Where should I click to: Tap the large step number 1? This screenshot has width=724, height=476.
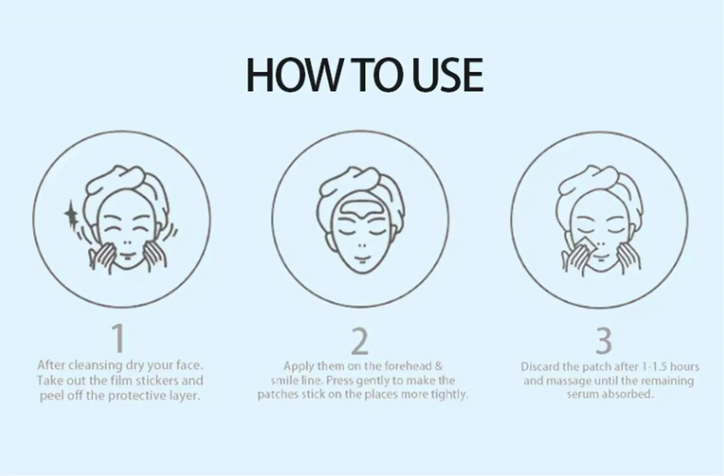tap(119, 338)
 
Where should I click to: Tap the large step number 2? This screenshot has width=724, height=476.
tap(360, 341)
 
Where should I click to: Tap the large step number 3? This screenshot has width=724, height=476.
tap(604, 341)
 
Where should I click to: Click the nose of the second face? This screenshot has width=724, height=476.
tap(361, 246)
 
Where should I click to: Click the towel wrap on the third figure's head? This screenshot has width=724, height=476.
tap(595, 183)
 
